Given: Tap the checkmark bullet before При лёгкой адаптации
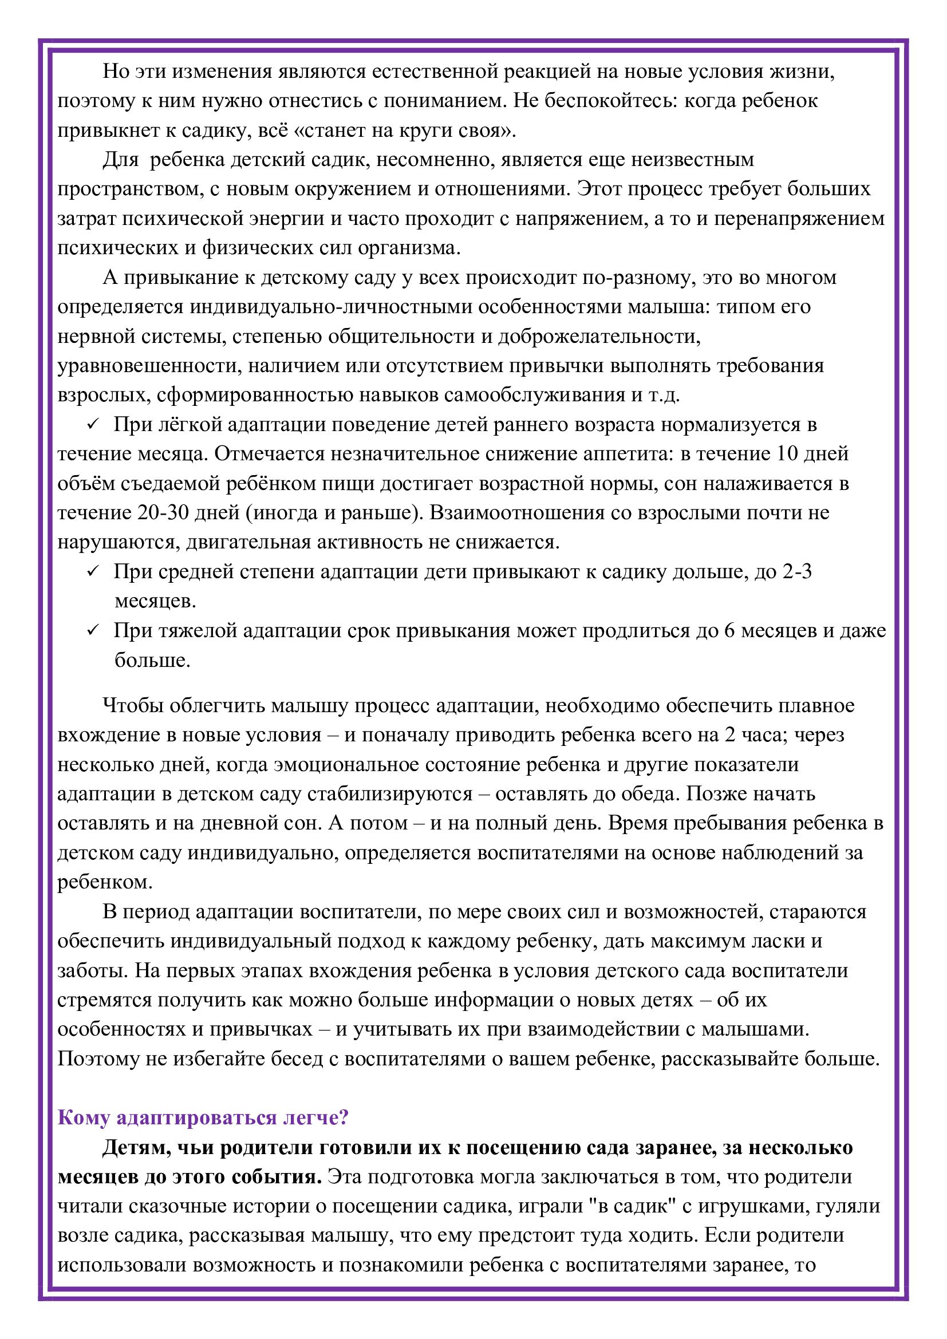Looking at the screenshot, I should click(92, 425).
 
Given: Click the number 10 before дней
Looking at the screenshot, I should click(786, 454).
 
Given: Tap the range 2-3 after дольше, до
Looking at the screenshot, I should click(796, 571).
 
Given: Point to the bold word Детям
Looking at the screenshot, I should click(136, 1147).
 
